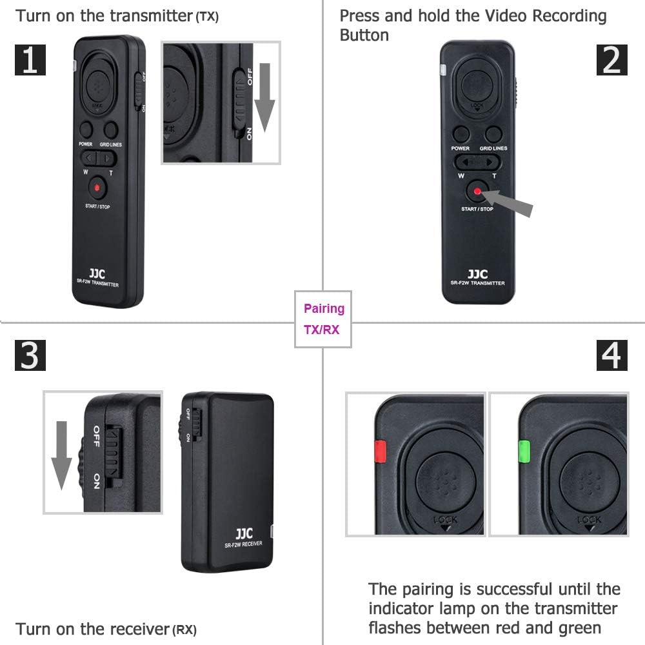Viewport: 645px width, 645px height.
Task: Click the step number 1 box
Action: point(30,59)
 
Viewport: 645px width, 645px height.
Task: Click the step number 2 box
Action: point(611,59)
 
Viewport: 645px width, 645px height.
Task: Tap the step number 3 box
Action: point(30,355)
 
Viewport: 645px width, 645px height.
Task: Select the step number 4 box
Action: point(611,355)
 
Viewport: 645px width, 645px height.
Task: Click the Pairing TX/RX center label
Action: point(323,319)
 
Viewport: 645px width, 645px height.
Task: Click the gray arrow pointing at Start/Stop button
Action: point(511,202)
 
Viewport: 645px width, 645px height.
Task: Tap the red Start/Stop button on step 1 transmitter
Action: point(97,188)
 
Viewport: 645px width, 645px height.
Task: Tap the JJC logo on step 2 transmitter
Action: point(477,273)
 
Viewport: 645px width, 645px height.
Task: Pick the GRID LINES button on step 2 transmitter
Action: point(494,134)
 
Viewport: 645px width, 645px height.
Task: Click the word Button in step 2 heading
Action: point(364,35)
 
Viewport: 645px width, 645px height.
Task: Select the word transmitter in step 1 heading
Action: point(152,15)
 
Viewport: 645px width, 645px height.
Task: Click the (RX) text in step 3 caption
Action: point(184,630)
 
